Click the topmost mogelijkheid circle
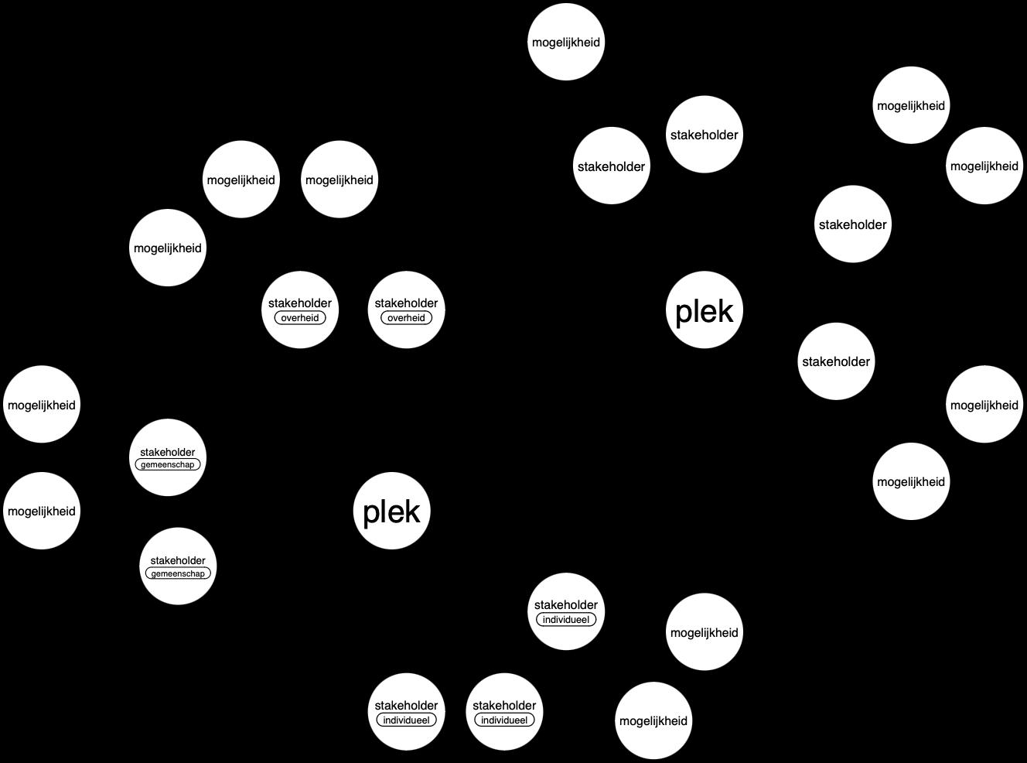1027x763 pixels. (566, 42)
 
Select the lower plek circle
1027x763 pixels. (391, 512)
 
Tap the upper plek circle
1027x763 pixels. (704, 310)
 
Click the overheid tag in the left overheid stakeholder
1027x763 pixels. (300, 318)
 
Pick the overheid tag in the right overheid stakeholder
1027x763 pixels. (406, 318)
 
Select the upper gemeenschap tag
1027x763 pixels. (168, 464)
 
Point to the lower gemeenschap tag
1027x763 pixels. (178, 573)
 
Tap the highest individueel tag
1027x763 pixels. (566, 620)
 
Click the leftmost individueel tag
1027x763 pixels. (406, 720)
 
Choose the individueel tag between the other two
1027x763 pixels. (504, 720)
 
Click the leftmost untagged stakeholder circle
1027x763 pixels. (612, 166)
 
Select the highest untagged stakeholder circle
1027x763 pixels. (704, 135)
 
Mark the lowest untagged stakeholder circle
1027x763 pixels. (836, 361)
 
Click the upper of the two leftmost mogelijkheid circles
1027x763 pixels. (42, 405)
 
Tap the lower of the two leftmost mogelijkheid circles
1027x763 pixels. (42, 511)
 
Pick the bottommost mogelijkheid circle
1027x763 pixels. (653, 720)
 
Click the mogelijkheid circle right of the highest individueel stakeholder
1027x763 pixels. (704, 632)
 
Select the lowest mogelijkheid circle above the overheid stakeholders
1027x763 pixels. (168, 248)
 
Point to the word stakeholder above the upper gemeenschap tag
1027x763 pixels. (168, 452)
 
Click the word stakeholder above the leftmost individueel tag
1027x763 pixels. (406, 706)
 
